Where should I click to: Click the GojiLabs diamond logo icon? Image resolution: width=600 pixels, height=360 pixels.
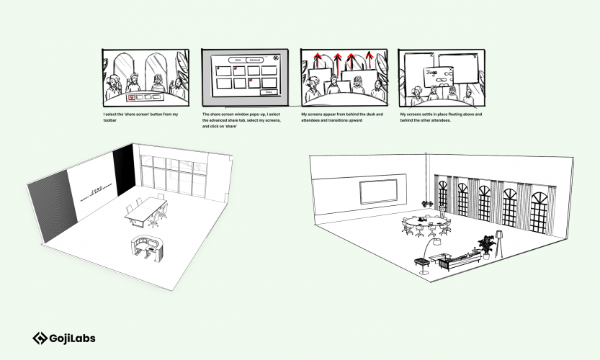point(40,338)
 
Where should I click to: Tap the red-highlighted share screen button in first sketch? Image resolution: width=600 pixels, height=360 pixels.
point(130,95)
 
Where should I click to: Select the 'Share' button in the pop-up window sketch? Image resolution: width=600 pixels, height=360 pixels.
point(269,92)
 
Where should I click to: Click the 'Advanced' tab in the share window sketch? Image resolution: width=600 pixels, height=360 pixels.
point(255,60)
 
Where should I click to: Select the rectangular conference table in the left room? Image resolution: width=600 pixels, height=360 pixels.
point(148,210)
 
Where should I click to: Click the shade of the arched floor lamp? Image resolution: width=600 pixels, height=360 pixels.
point(436,243)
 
